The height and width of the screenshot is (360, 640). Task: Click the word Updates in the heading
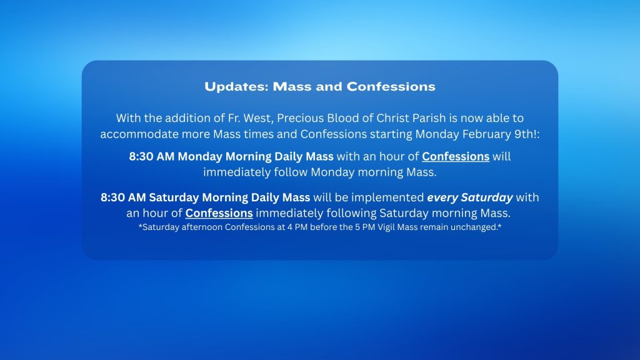click(236, 86)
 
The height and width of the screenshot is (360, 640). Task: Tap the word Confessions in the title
click(391, 86)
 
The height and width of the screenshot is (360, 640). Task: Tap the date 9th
click(523, 134)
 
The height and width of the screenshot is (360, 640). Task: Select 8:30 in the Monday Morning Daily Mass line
click(141, 156)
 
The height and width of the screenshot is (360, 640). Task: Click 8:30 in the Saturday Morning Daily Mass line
click(112, 197)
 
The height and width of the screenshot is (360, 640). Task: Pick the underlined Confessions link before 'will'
click(456, 156)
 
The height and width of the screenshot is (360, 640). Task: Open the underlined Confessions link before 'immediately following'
click(219, 213)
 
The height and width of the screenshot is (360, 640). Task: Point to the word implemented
click(387, 197)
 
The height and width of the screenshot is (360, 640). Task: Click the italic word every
click(442, 197)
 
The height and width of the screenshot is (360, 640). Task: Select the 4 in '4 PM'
click(290, 227)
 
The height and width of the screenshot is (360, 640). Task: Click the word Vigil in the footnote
click(386, 227)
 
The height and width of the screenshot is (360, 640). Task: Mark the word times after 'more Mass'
click(259, 134)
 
